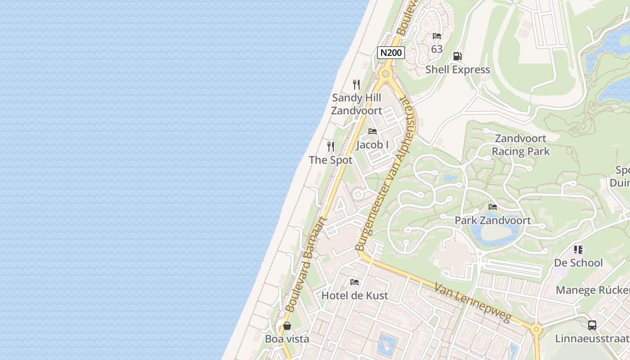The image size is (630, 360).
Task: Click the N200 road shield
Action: [x=391, y=53]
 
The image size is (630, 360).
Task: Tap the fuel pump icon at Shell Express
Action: [x=457, y=56]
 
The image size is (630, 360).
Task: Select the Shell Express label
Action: [x=458, y=70]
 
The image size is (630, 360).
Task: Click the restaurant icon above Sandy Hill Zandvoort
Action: [x=356, y=84]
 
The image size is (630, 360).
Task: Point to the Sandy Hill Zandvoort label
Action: [x=356, y=104]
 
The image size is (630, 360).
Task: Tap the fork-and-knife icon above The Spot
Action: [x=331, y=147]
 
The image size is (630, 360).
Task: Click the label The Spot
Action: [x=331, y=160]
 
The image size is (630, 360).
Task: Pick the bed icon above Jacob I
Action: [x=373, y=131]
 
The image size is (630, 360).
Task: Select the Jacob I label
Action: [x=372, y=145]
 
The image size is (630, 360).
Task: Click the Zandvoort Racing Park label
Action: [x=521, y=144]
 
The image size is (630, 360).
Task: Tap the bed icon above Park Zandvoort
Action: [x=493, y=207]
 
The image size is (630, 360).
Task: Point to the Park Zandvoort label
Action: [x=493, y=220]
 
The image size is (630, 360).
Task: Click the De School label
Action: [x=578, y=263]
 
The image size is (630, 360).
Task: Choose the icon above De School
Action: [x=578, y=249]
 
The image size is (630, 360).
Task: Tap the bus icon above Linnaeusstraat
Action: [x=592, y=325]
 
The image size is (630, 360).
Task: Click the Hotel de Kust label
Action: [x=355, y=296]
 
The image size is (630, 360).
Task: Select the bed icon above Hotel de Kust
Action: [x=355, y=282]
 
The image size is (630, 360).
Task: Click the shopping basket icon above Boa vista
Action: [x=287, y=325]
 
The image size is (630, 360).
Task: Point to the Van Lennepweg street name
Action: [x=472, y=302]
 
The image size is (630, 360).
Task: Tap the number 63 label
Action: [x=437, y=49]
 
